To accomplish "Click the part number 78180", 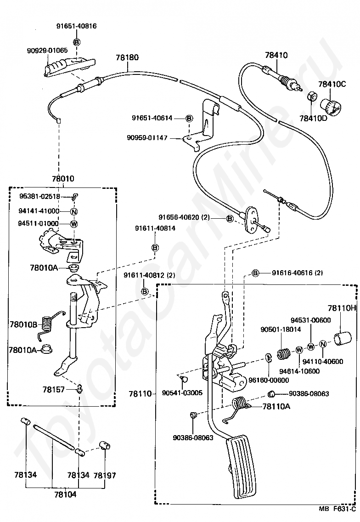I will (127, 57).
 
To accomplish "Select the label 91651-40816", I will (78, 26).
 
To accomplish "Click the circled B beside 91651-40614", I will (189, 118).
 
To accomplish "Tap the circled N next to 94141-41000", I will (73, 211).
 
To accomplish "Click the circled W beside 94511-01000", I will (73, 224).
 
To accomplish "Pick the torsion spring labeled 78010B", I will (46, 323).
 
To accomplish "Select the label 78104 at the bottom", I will (65, 494).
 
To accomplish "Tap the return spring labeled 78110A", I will (239, 404).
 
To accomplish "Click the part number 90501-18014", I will (275, 329).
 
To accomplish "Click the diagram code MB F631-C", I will (337, 509).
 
